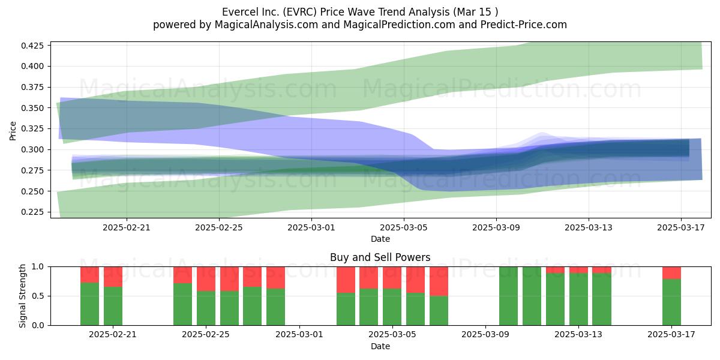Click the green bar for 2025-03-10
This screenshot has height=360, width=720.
coord(509,296)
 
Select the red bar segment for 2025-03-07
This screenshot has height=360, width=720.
coord(439,281)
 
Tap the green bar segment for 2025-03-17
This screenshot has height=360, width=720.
coord(671,302)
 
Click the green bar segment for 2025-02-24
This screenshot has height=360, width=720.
coord(182,304)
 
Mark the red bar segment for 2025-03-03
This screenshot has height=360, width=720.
coord(346,280)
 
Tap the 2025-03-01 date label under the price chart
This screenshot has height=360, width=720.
coord(311,227)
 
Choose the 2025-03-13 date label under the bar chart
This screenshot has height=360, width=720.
coord(578,334)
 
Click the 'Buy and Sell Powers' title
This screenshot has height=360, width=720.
coord(380,257)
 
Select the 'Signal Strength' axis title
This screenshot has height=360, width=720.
coord(22,296)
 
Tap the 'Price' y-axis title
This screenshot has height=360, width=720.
coord(13,131)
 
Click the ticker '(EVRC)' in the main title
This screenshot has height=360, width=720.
coord(300,12)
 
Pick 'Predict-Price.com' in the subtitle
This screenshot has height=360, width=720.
coord(524,25)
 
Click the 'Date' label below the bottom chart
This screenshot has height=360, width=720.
coord(380,346)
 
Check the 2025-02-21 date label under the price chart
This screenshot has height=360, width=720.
coord(127,227)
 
